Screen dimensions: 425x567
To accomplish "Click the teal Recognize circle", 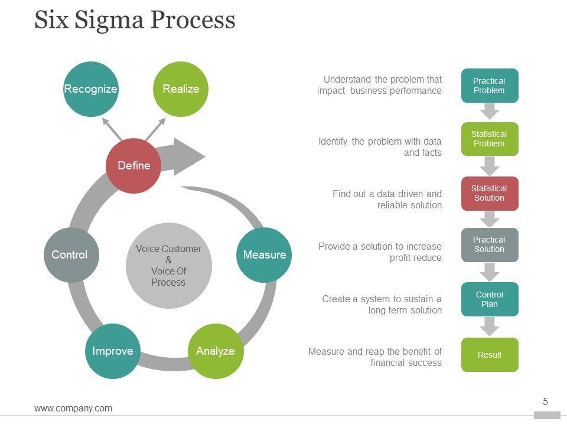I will [90, 89].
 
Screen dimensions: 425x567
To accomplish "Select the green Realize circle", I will [181, 89].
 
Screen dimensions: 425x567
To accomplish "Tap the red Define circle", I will [133, 166].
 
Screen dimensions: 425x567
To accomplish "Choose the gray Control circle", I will [70, 255].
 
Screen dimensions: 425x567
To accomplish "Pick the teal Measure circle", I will [264, 255].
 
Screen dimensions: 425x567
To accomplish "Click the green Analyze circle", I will [215, 351].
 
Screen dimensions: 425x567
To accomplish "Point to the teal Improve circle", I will [113, 351].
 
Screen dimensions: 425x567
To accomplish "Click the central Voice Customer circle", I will [168, 266].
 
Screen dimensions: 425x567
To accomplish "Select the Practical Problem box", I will [489, 86].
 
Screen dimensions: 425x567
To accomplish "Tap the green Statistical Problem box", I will [489, 139].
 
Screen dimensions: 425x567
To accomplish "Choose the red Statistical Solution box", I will [489, 194].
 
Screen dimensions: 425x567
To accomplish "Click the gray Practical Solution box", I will [489, 245].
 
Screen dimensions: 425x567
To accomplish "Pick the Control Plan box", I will [489, 299].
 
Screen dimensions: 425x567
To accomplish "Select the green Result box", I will [489, 355].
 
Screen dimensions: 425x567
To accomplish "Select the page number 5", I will [545, 402].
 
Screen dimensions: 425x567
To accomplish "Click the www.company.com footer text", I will [73, 408].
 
